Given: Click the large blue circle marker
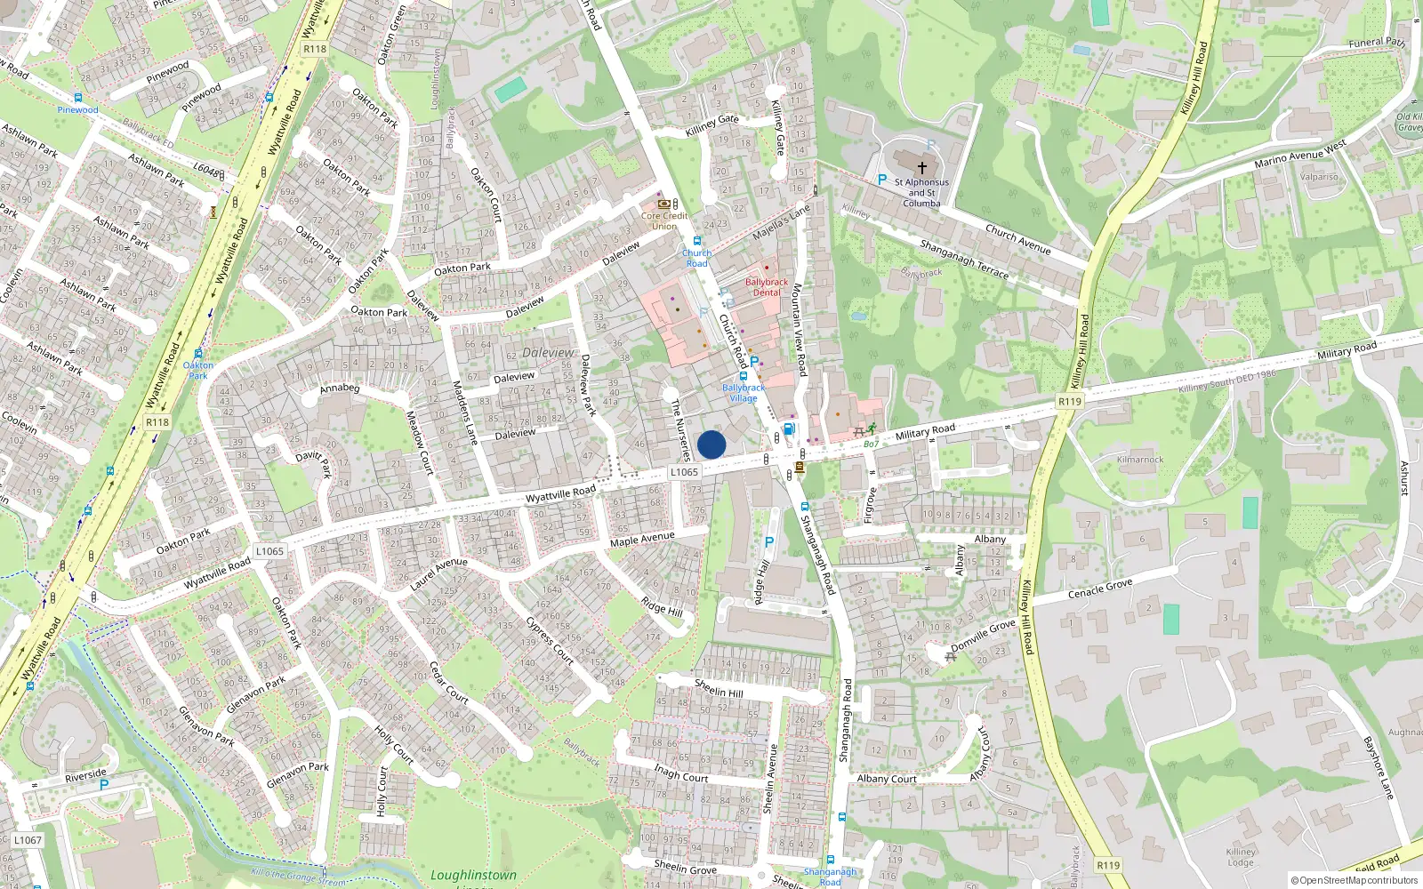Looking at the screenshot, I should (711, 444).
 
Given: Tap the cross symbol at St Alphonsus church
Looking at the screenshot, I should (922, 167).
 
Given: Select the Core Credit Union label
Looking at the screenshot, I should (664, 220).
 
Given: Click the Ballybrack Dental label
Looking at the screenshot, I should (767, 287).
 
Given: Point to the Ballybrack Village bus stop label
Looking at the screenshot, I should (744, 393).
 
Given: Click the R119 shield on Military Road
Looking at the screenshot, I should (1070, 402).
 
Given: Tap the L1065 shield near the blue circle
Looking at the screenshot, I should (684, 472).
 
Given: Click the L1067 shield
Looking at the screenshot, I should (28, 840).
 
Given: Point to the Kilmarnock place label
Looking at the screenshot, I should (1140, 460).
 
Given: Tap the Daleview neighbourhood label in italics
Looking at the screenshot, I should (548, 353).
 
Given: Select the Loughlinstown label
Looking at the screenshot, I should (473, 876).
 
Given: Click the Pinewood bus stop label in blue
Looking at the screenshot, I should (77, 110).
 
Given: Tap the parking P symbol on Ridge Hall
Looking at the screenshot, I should (769, 541).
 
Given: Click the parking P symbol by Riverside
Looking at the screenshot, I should (104, 785).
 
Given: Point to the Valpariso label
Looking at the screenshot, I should (1319, 177).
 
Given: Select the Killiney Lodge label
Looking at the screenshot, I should (1241, 857).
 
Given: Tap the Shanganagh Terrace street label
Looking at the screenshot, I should (964, 260).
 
